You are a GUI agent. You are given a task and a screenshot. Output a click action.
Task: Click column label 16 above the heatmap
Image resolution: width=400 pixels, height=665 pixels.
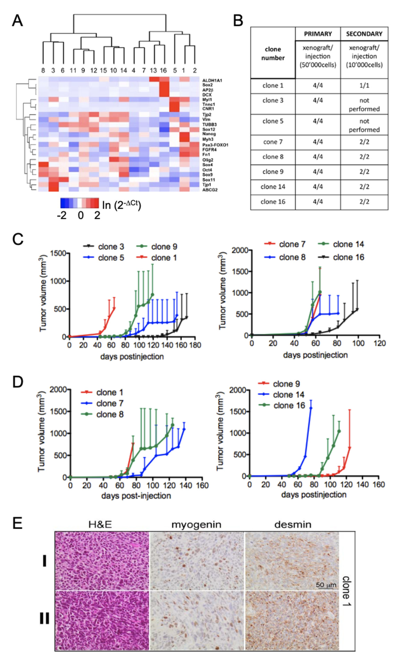tap(163, 71)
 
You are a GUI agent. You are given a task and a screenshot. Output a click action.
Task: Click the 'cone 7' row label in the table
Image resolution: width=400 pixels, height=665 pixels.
tap(273, 142)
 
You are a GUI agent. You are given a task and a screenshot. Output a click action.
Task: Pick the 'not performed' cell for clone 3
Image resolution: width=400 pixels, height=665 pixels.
tap(364, 105)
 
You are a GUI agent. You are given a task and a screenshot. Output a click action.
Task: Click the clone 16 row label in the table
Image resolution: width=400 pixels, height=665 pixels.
tap(273, 202)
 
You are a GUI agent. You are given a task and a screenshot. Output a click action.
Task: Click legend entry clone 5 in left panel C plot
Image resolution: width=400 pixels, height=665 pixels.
tap(111, 258)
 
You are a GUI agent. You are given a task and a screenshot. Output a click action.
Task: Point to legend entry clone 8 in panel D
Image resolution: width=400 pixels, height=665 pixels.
tap(109, 414)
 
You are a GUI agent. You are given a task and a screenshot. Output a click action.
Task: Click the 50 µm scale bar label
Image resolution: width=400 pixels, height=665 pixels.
tap(326, 585)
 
